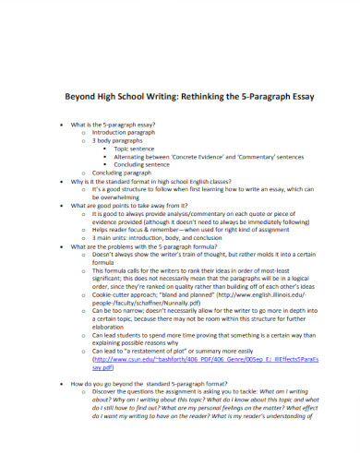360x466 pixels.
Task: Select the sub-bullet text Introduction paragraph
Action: click(126, 131)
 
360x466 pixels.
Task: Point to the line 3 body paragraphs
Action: click(117, 140)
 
